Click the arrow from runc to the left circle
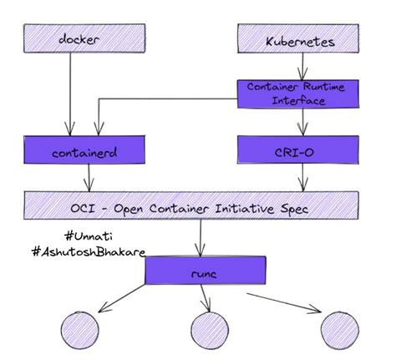[125, 297]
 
